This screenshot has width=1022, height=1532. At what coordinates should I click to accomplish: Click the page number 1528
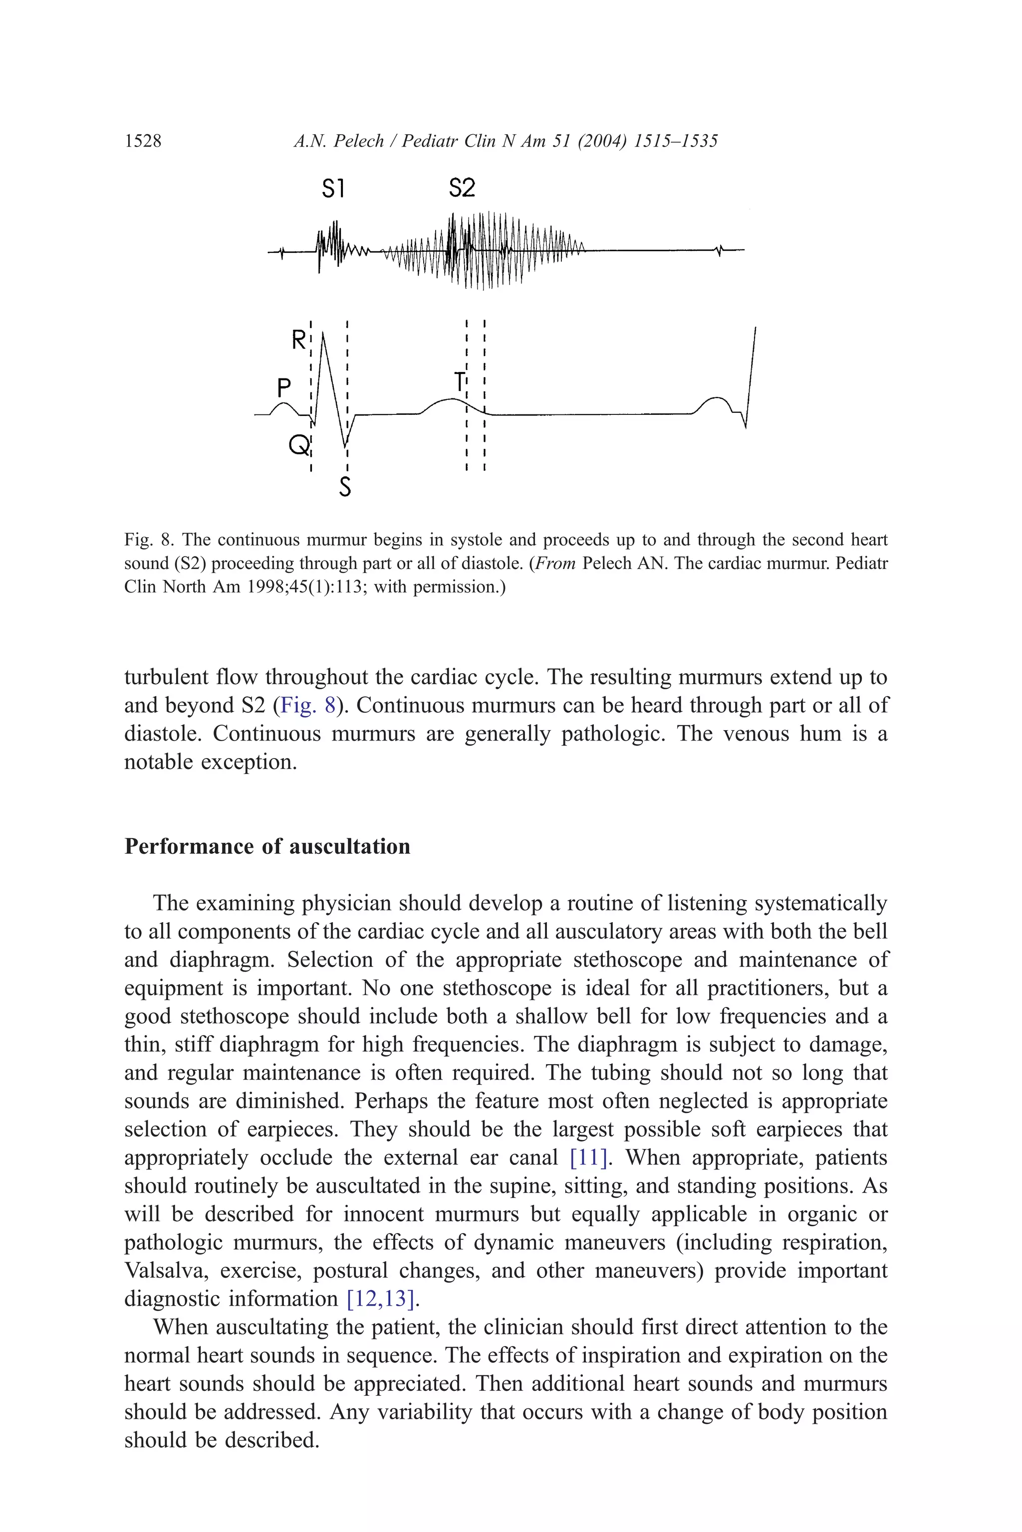click(143, 141)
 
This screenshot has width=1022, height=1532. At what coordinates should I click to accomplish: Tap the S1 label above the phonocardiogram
click(333, 189)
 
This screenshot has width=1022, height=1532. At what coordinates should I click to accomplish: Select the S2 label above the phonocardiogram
click(462, 188)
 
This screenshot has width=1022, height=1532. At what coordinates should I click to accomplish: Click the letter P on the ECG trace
click(283, 388)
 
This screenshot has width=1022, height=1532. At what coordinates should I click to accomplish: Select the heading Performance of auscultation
click(267, 846)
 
